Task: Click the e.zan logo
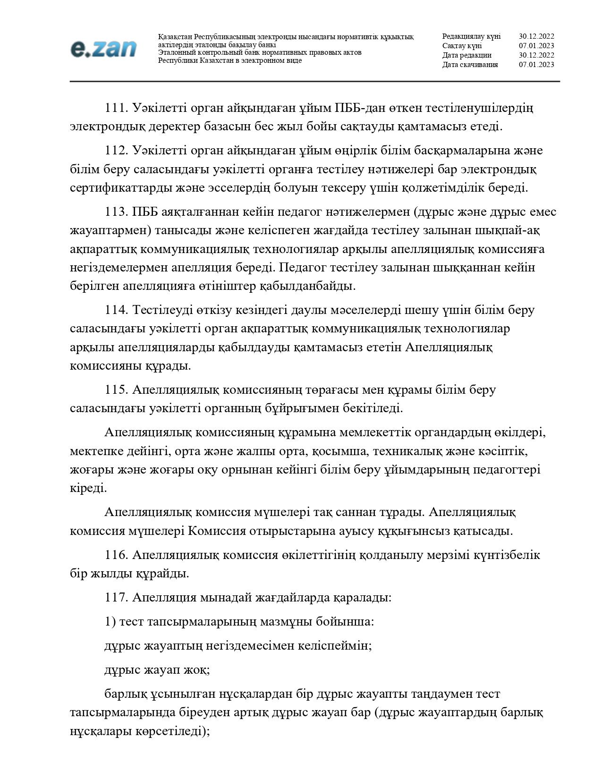[103, 49]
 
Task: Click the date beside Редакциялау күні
[536, 36]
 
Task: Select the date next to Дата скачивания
[536, 65]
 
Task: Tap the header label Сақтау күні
[462, 46]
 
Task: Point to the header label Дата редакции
[466, 55]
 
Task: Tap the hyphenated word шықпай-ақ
[507, 230]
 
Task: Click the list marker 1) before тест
[110, 621]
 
